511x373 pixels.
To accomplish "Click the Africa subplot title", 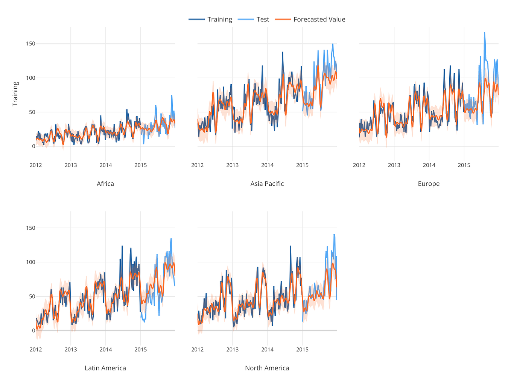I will pos(105,184).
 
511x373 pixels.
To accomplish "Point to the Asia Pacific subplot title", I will pos(267,184).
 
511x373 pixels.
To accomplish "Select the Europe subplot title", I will pos(429,184).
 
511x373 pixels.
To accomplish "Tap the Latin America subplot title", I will pos(105,368).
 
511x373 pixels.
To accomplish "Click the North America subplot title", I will pos(267,368).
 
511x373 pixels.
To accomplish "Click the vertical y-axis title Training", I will pos(15,94).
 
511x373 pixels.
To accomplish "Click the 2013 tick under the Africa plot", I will pos(71,165).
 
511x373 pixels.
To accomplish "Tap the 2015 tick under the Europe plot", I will pos(464,165).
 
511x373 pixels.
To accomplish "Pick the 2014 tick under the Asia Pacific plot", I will pos(268,165).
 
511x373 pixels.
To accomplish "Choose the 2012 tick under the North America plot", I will pos(198,349).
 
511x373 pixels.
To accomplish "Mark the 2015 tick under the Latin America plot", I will pos(141,349).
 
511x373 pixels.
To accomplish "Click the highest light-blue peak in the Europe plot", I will pos(484,33).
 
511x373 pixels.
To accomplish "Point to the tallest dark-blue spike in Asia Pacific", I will pos(282,52).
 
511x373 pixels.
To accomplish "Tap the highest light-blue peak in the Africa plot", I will pos(172,96).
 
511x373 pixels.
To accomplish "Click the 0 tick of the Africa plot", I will pos(33,146).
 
